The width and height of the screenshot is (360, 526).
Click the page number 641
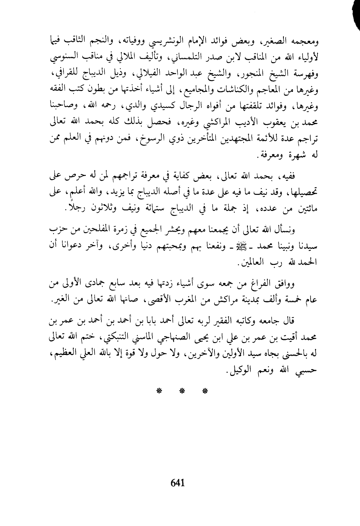tap(178, 483)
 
